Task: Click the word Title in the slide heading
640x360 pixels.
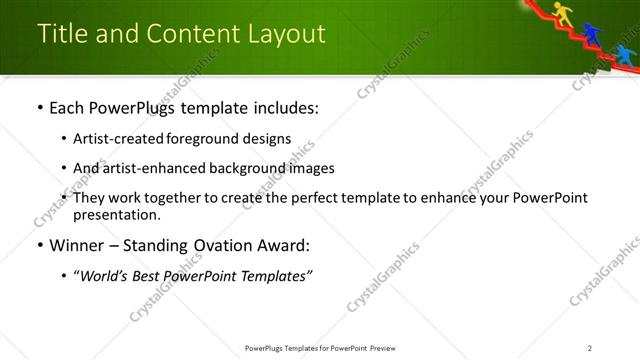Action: [62, 33]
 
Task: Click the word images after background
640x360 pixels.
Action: [310, 168]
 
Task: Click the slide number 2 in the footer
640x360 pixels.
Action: [590, 348]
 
